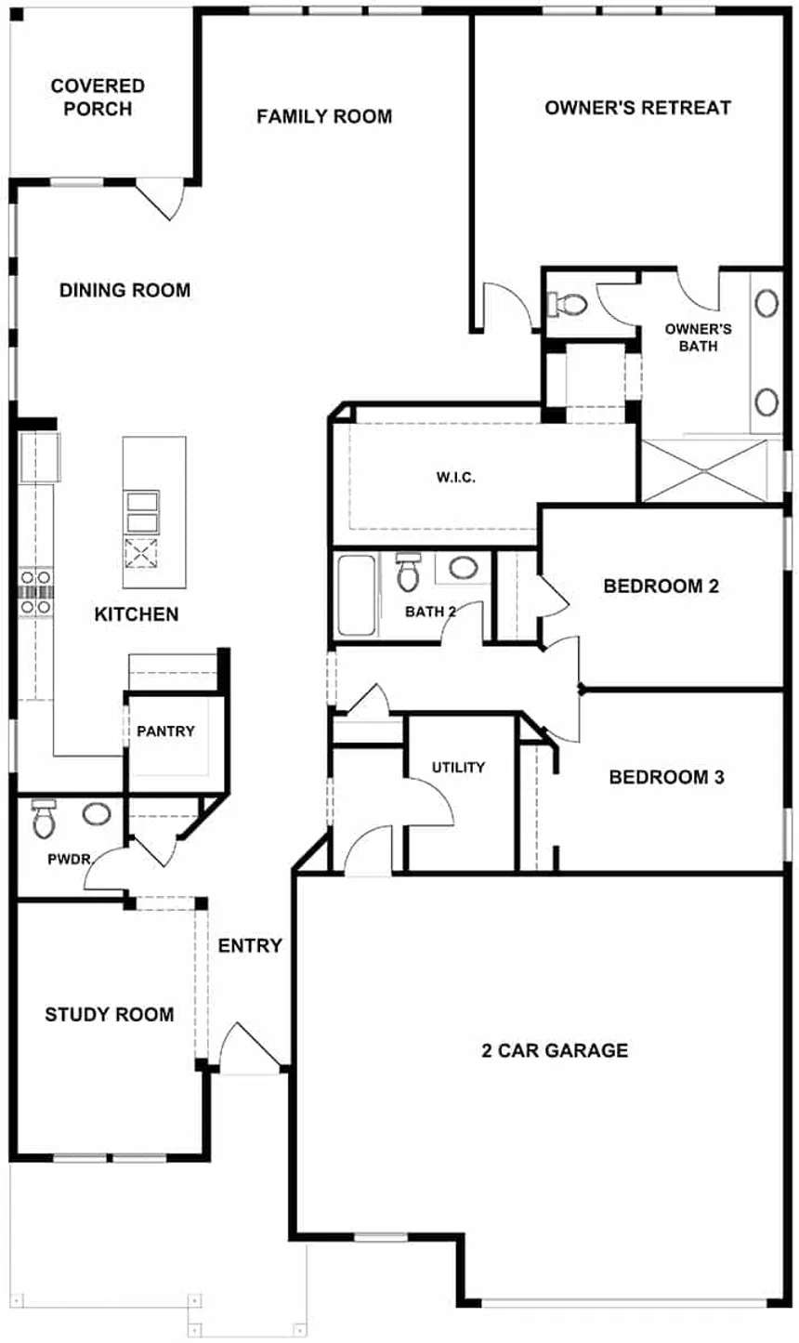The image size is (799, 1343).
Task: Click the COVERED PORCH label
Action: [x=98, y=98]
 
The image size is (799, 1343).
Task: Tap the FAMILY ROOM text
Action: [x=324, y=116]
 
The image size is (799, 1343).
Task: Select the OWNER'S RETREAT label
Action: [x=637, y=108]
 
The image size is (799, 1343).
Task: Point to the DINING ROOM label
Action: [x=124, y=290]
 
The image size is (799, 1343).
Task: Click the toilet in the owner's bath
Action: [x=568, y=304]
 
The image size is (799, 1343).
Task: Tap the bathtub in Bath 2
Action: [x=356, y=595]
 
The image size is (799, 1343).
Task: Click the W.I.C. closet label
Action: [x=455, y=478]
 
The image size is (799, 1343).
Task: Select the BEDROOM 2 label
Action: [x=661, y=586]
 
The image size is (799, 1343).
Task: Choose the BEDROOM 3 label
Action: [x=665, y=777]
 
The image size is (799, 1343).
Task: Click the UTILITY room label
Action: [x=458, y=767]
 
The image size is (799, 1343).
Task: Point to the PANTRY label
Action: [x=165, y=731]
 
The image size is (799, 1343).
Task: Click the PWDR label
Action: [x=69, y=860]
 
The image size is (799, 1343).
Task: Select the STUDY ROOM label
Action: [x=109, y=1015]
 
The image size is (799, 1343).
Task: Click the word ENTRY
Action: [x=250, y=946]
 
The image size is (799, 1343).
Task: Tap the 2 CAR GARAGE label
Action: [x=555, y=1051]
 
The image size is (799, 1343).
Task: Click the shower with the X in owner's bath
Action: [x=706, y=470]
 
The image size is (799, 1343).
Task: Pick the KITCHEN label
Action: [x=137, y=614]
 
